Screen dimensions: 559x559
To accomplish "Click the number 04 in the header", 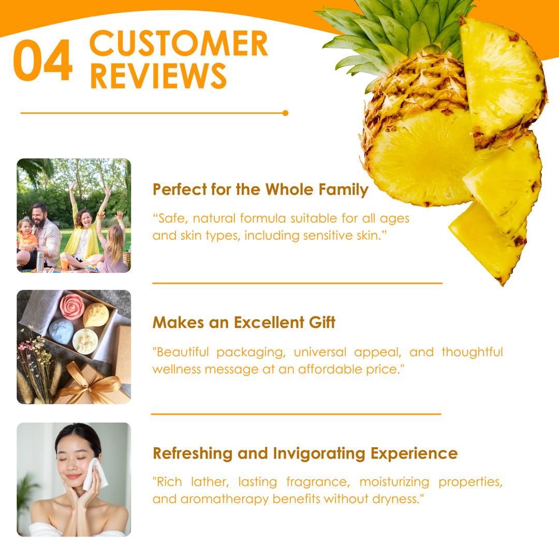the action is [43, 60].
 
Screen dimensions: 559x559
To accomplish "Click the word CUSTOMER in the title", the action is [179, 43].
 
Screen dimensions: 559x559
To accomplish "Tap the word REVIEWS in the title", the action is [158, 76].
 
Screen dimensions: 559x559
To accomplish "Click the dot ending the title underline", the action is [285, 113].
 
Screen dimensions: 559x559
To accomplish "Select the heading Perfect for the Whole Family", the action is [260, 189].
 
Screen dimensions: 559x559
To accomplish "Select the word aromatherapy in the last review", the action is [225, 499].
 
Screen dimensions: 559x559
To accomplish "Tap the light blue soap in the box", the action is [61, 332].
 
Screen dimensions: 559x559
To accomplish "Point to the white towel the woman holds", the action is [95, 475].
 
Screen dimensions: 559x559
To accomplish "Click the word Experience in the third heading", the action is [414, 453].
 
